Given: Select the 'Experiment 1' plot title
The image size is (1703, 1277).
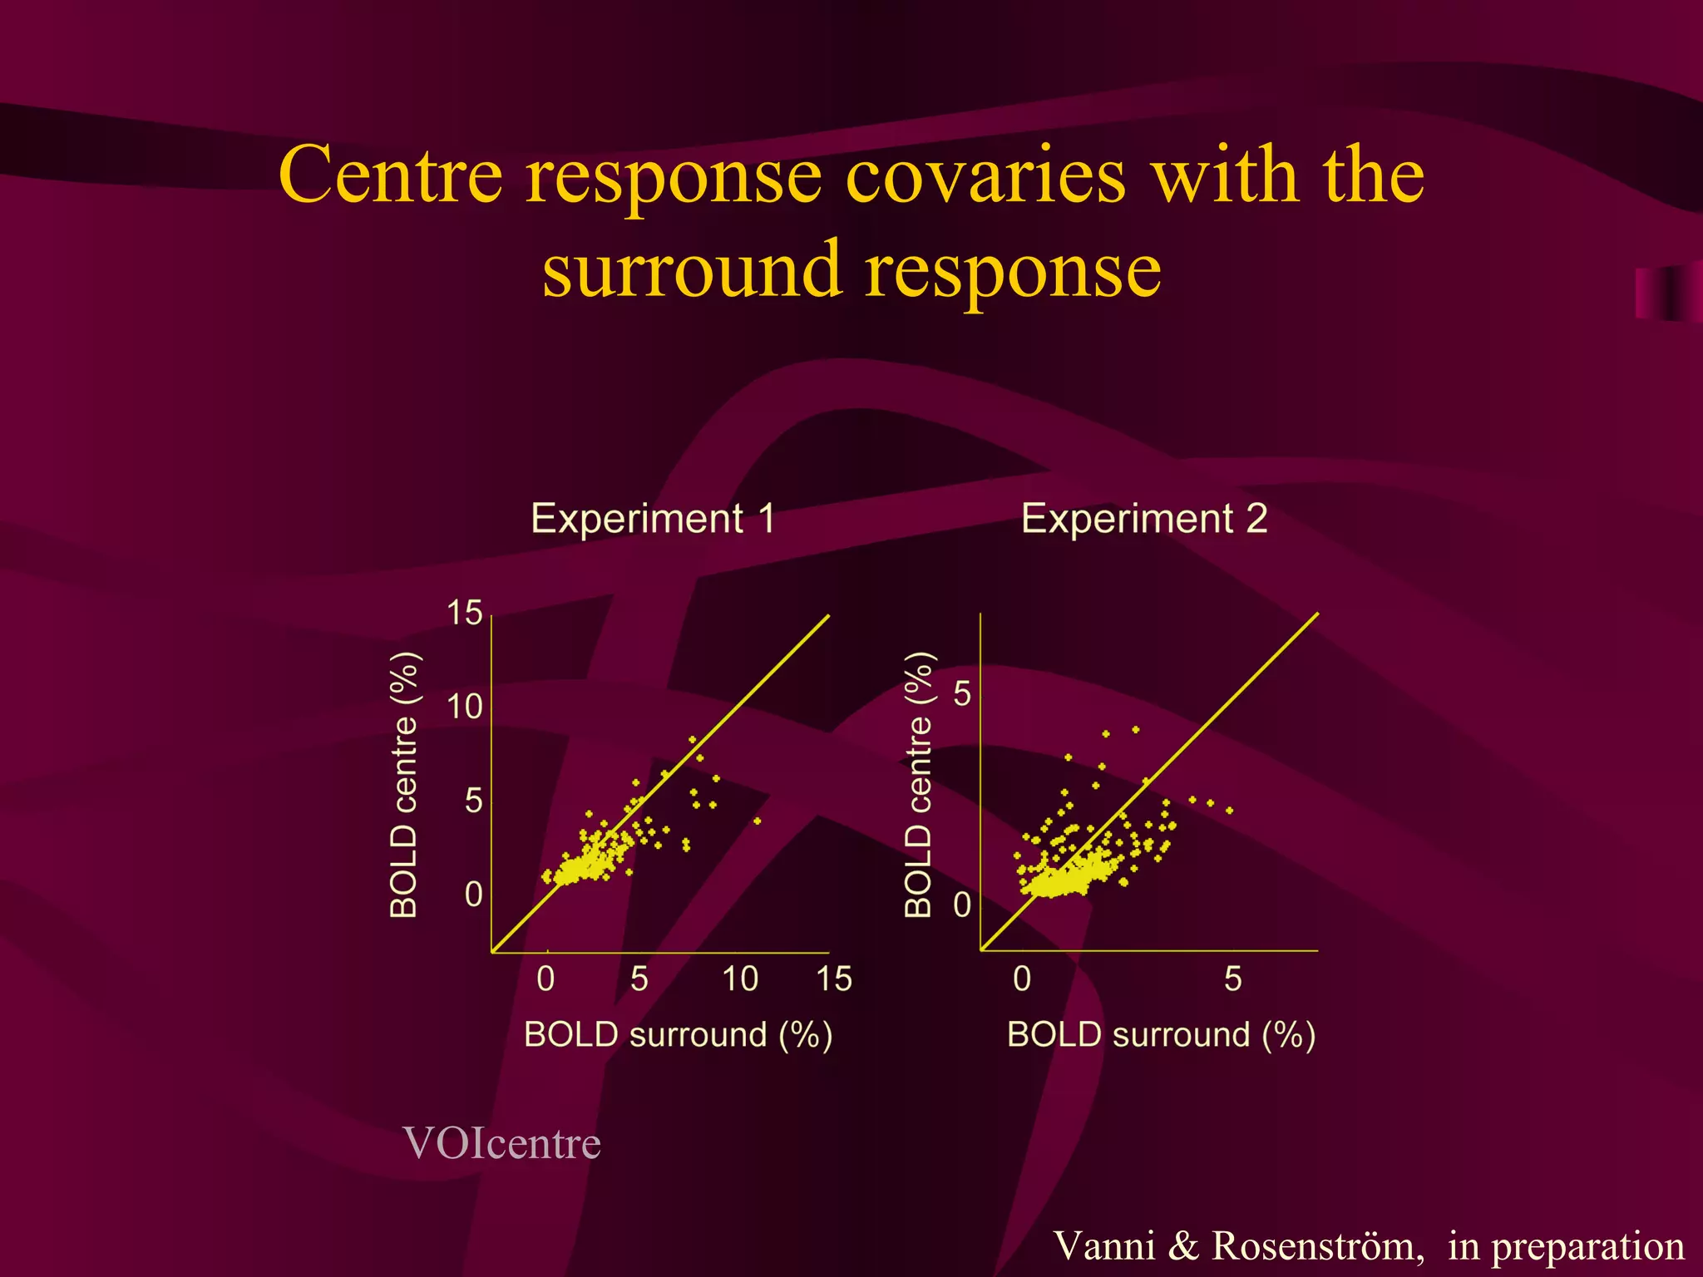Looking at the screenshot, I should pyautogui.click(x=653, y=519).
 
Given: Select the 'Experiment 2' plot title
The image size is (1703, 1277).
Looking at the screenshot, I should pyautogui.click(x=1144, y=519).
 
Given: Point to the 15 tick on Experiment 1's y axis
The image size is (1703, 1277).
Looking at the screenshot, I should pyautogui.click(x=465, y=614).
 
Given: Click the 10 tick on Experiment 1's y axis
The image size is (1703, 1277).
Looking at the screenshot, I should pyautogui.click(x=465, y=708).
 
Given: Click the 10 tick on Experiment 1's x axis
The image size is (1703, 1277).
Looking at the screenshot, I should pyautogui.click(x=740, y=979).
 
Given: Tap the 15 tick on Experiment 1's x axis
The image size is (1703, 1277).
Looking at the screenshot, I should pyautogui.click(x=834, y=979).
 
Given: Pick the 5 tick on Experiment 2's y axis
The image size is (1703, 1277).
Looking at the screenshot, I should pyautogui.click(x=962, y=693).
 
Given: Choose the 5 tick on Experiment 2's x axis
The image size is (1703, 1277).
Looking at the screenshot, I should pyautogui.click(x=1233, y=979).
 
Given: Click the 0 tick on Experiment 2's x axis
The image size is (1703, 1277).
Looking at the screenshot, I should pyautogui.click(x=1022, y=979).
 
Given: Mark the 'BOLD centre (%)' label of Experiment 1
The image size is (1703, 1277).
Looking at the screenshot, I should pyautogui.click(x=404, y=785).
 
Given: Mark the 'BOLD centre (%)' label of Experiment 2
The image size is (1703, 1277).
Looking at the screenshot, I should pyautogui.click(x=918, y=785).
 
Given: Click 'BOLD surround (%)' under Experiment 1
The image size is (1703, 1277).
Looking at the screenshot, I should pyautogui.click(x=678, y=1035).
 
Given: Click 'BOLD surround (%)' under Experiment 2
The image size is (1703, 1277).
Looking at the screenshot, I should pyautogui.click(x=1161, y=1035).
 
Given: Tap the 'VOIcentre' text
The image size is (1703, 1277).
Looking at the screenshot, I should pyautogui.click(x=501, y=1143).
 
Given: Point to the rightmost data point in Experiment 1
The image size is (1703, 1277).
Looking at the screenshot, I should pyautogui.click(x=757, y=821).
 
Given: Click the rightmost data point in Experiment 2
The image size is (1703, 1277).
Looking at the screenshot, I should pyautogui.click(x=1229, y=810).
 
